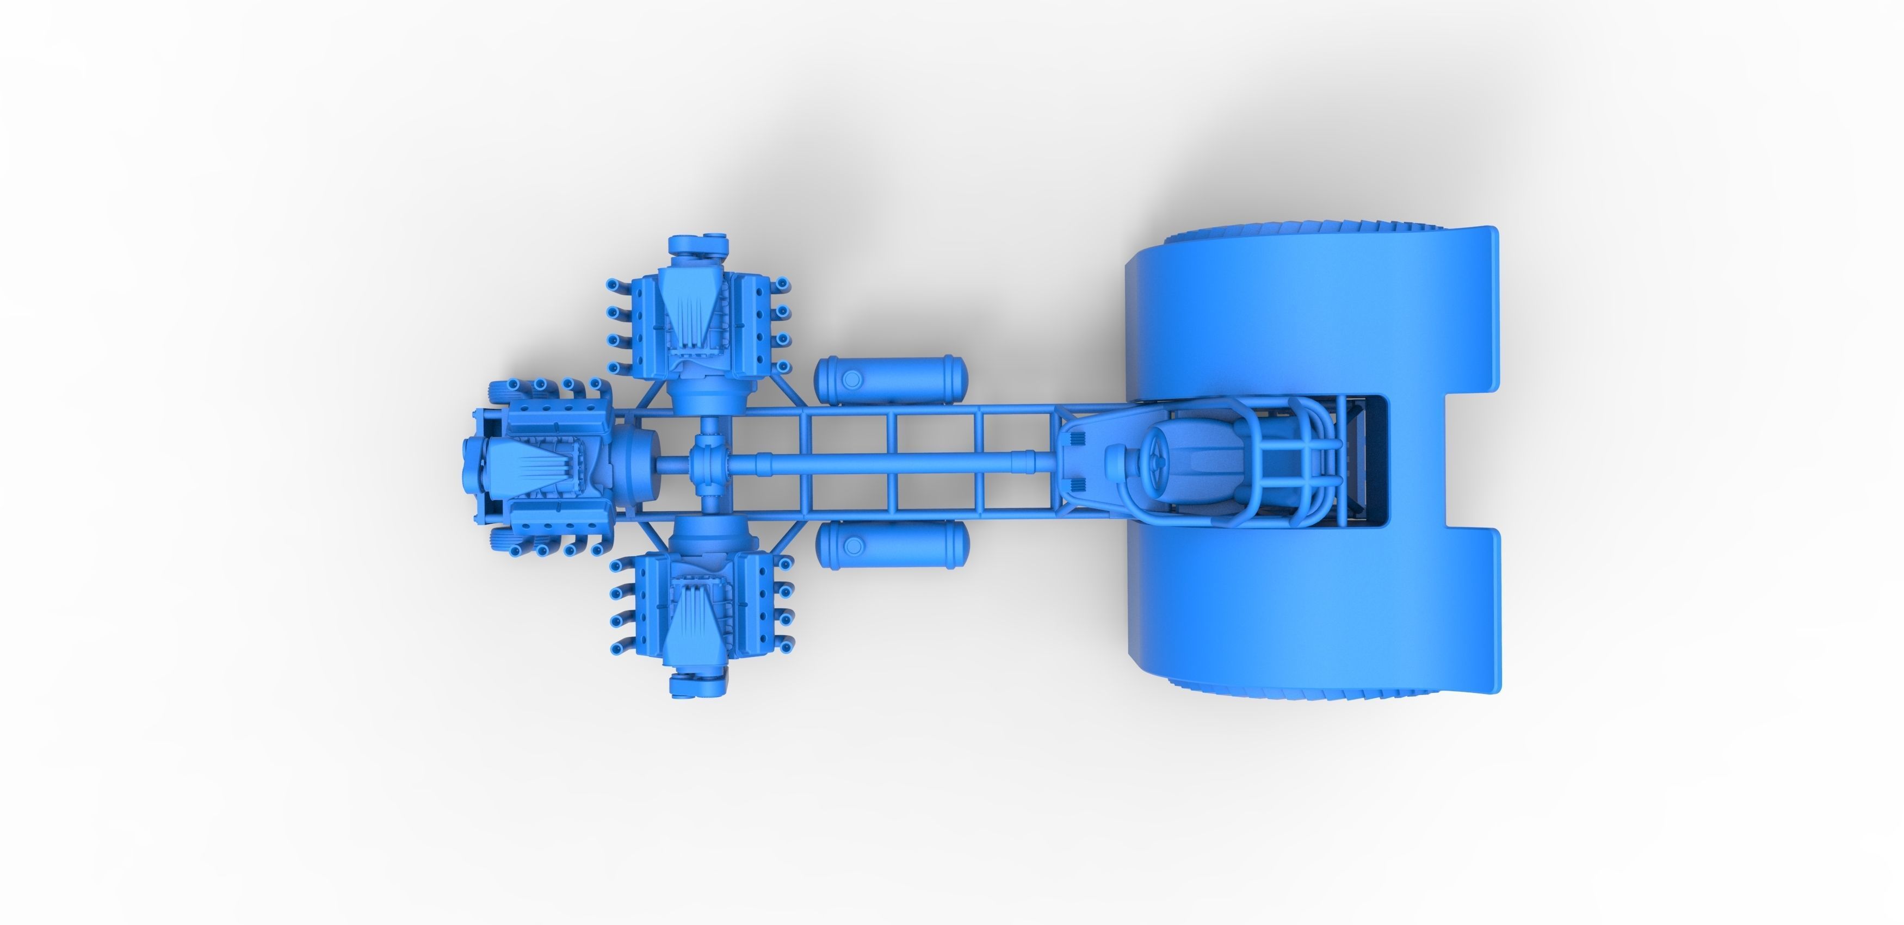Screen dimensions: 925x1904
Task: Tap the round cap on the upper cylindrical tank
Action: pos(851,380)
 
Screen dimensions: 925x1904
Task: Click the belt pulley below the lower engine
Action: pos(696,684)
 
